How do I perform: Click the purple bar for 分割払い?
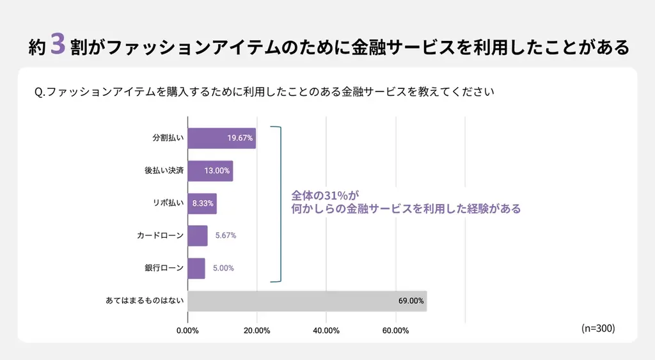pos(221,138)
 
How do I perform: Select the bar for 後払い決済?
pos(210,171)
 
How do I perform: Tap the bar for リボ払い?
pos(202,203)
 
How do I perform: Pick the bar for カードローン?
pos(198,235)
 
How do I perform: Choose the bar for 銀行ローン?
pos(196,268)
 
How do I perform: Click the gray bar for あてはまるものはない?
pos(307,301)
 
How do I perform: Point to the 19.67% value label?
pos(240,138)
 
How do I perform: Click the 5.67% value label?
pos(226,235)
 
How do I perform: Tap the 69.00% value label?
pos(411,301)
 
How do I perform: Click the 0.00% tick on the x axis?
pos(187,331)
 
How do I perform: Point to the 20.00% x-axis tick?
pos(256,331)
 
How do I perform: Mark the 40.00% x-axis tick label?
pos(326,331)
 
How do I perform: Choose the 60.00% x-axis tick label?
pos(396,331)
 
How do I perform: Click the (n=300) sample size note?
pos(598,328)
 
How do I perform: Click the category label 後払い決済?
pos(164,171)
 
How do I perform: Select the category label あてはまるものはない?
pos(145,301)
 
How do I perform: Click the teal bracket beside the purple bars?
pos(278,203)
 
